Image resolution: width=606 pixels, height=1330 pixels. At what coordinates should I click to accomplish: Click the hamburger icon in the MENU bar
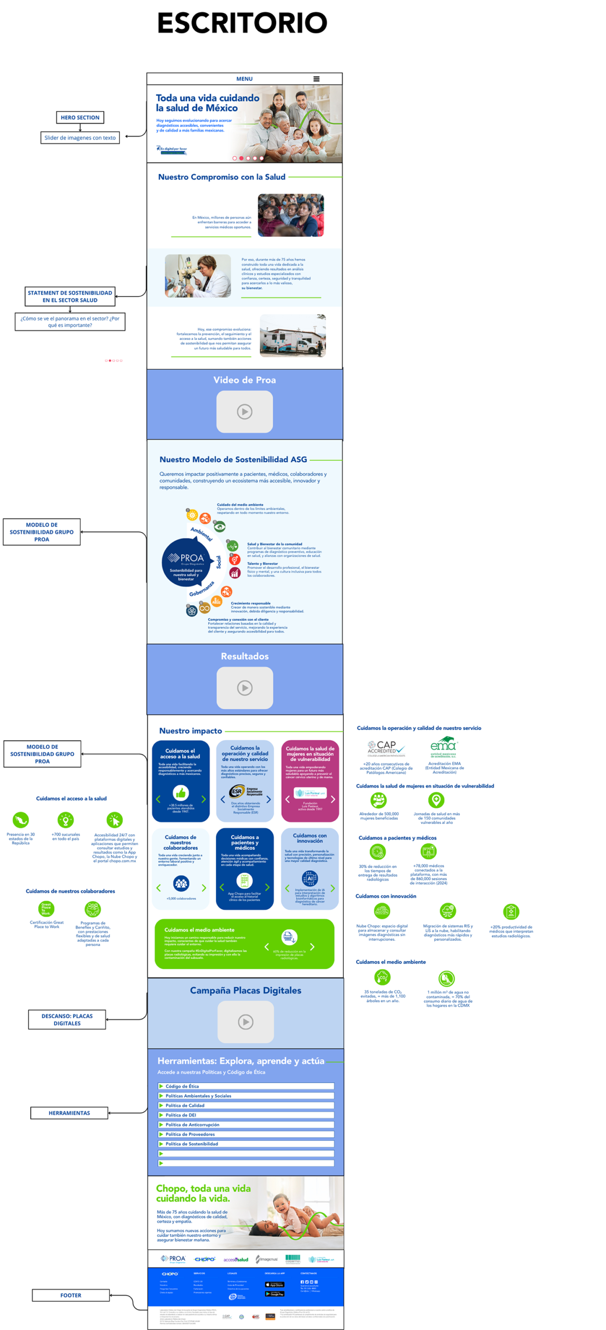click(316, 79)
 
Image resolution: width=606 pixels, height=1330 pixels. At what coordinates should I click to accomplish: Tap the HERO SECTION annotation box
click(80, 117)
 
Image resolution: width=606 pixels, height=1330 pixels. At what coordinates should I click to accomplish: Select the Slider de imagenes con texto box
click(80, 138)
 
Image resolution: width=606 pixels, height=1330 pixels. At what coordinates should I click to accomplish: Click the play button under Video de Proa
click(245, 411)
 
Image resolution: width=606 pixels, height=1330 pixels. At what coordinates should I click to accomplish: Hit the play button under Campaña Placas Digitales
click(246, 1021)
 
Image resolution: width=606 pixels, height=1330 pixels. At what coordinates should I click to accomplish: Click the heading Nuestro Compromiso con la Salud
click(222, 177)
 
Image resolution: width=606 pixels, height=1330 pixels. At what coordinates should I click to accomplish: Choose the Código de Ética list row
click(246, 1086)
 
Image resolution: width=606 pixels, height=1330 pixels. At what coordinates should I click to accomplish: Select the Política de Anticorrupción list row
click(246, 1124)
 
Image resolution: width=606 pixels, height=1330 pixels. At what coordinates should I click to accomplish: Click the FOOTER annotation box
click(71, 1295)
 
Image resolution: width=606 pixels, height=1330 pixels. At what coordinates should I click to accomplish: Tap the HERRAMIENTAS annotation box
click(69, 1112)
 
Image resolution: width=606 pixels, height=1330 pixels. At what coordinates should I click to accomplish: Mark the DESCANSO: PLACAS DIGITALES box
click(67, 1019)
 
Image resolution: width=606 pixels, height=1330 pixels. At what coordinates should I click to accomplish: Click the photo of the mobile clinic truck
click(292, 336)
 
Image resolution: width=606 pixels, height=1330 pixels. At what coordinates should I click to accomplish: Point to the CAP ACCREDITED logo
click(386, 748)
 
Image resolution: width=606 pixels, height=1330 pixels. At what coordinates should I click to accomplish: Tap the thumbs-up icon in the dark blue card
click(181, 793)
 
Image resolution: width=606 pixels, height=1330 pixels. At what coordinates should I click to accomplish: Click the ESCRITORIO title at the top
click(242, 23)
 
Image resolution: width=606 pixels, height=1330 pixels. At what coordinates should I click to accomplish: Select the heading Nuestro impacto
click(191, 730)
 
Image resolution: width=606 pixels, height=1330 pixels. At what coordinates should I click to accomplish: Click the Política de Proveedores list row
click(246, 1134)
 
